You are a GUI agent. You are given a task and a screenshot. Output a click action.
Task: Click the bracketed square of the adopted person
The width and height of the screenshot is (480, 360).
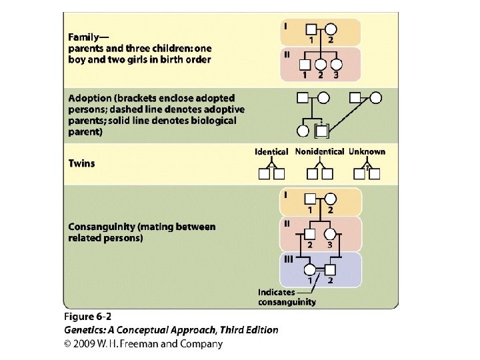pos(321,131)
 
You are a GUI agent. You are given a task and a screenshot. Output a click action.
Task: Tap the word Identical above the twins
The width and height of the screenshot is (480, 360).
pos(271,152)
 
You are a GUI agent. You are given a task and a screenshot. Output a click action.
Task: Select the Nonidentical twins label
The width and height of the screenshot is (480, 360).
pos(319,151)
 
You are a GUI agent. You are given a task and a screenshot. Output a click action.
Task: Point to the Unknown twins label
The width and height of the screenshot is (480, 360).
pos(367,151)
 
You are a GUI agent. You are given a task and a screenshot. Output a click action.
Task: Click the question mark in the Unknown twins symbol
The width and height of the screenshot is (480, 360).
pos(367,167)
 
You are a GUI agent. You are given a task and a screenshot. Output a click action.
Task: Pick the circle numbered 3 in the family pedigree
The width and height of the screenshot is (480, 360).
pos(337,65)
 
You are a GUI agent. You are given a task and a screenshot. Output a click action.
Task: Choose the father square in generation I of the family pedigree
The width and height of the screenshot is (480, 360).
pos(310,29)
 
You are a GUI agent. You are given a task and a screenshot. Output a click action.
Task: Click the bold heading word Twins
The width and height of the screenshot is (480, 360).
pos(81,163)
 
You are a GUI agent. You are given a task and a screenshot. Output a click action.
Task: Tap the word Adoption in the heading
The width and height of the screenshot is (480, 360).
pos(89,99)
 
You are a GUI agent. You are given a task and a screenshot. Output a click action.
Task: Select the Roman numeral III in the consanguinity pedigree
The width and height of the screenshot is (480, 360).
pos(289,258)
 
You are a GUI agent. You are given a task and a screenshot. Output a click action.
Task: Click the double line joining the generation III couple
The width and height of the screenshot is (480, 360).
pos(320,269)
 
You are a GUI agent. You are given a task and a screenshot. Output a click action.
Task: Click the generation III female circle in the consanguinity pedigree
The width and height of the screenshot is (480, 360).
pos(310,270)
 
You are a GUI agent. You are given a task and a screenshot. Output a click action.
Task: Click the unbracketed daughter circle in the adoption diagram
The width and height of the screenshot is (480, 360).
pos(303,131)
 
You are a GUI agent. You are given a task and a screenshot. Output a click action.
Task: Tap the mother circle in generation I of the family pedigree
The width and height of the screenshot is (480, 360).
pos(330,29)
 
